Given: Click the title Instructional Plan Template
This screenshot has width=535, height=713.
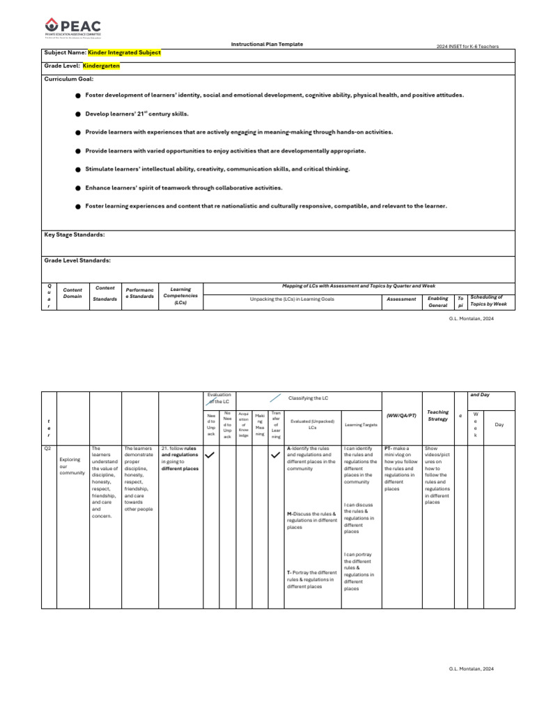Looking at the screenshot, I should [267, 44].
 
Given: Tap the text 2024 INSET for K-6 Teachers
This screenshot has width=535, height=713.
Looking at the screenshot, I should [467, 47].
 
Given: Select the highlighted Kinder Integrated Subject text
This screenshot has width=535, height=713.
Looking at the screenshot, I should [124, 52].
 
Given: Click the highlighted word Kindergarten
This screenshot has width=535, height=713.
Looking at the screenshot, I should [101, 65].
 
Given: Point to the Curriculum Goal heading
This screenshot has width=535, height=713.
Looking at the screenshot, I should [68, 79].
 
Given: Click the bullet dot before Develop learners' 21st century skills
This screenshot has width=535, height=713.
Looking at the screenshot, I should [78, 113].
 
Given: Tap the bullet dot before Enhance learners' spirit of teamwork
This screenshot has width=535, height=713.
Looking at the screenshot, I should [78, 188].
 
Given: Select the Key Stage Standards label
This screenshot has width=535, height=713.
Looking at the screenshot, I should [75, 235].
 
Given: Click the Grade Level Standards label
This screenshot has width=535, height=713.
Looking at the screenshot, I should [77, 260].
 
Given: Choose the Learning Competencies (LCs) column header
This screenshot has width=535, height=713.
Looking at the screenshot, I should [180, 295].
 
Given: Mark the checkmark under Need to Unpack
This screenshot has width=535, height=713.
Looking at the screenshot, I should [209, 455].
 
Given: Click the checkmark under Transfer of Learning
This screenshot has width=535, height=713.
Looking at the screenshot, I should [275, 455].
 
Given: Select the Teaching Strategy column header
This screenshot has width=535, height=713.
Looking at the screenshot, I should [437, 416].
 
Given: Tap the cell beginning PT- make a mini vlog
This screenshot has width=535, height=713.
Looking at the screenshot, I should [401, 468].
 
